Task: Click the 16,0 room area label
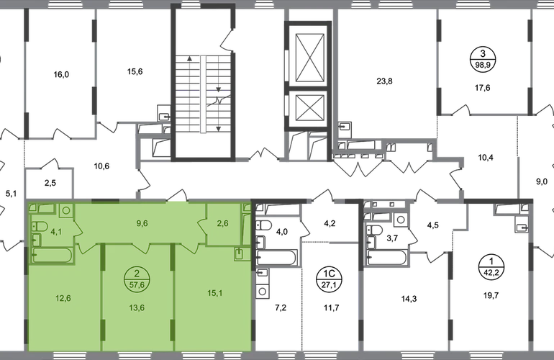pyautogui.click(x=61, y=75)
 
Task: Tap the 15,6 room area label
pyautogui.click(x=135, y=72)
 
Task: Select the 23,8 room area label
pyautogui.click(x=384, y=81)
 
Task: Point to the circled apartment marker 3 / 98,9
pyautogui.click(x=483, y=60)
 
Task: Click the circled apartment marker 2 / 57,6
pyautogui.click(x=137, y=279)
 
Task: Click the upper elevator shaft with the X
pyautogui.click(x=310, y=58)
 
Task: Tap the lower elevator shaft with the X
pyautogui.click(x=310, y=107)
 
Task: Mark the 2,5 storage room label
pyautogui.click(x=50, y=183)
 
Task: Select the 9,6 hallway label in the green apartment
pyautogui.click(x=142, y=223)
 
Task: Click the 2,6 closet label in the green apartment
pyautogui.click(x=222, y=223)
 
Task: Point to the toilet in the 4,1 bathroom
pyautogui.click(x=40, y=226)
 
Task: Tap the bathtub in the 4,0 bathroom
pyautogui.click(x=276, y=257)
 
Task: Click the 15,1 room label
pyautogui.click(x=214, y=293)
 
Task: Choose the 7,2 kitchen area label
pyautogui.click(x=281, y=308)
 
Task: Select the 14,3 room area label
pyautogui.click(x=409, y=300)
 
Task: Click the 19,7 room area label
pyautogui.click(x=491, y=295)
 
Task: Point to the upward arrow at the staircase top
pyautogui.click(x=190, y=58)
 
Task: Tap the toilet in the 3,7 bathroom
pyautogui.click(x=375, y=230)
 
